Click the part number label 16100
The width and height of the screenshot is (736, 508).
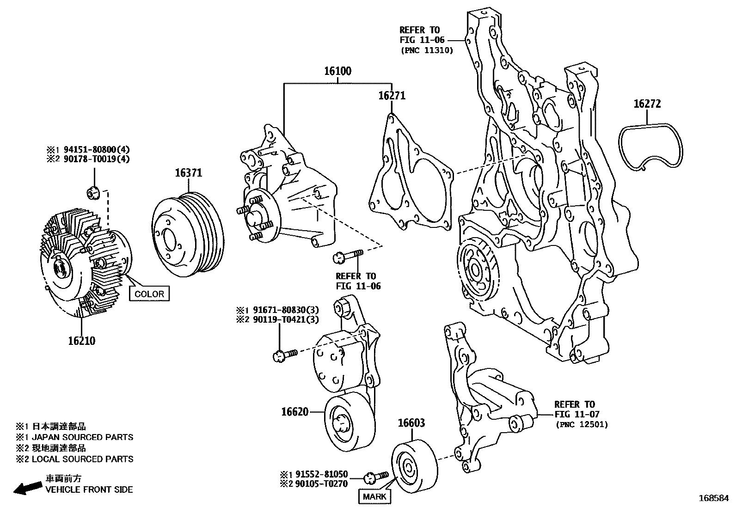pos(337,71)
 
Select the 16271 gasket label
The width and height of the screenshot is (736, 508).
pos(392,96)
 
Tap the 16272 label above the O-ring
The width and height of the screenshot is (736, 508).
pos(647,104)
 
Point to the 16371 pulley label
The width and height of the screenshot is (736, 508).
pos(188,173)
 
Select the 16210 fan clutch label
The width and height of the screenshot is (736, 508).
pos(81,341)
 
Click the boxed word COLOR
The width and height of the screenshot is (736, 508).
pos(149,294)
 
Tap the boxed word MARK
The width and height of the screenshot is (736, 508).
pos(374,497)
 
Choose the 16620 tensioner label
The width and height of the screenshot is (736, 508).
pos(294,411)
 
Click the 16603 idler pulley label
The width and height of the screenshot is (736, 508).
pos(411,423)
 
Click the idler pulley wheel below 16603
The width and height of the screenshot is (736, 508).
pos(414,468)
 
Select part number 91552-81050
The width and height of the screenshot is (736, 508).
pos(319,474)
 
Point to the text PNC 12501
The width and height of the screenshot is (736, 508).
pos(582,424)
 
